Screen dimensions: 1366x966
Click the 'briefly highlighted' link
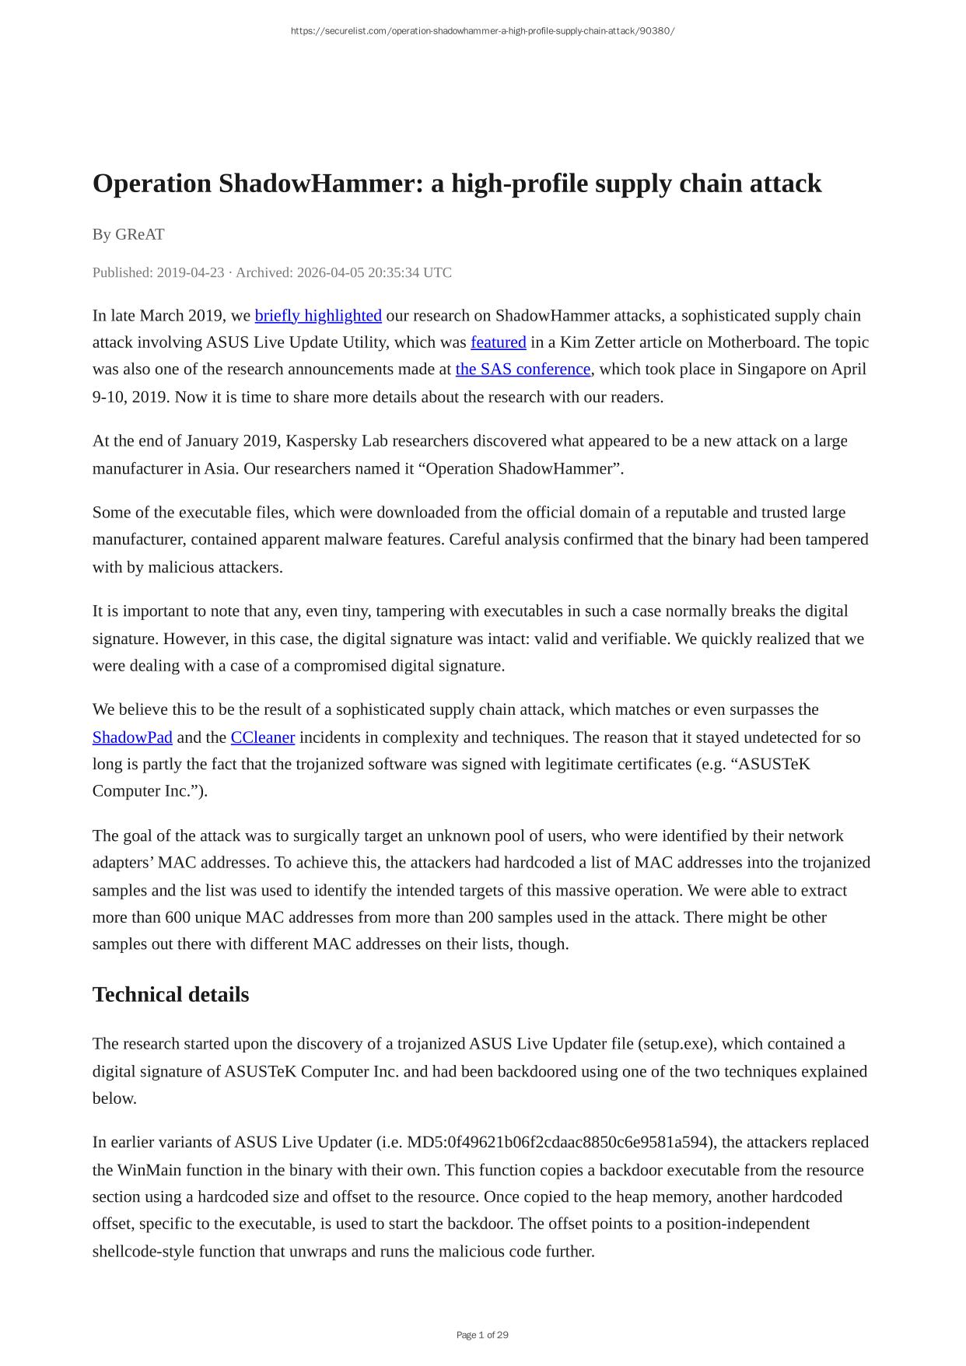318,316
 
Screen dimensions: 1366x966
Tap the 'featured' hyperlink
499,342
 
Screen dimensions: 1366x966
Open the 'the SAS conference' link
523,370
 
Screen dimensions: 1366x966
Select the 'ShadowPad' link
132,737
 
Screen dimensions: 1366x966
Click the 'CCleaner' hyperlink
263,737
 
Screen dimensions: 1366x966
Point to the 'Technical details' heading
170,995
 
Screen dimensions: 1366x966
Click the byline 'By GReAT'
128,234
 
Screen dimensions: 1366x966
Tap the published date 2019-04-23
190,273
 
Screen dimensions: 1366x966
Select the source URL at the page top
482,31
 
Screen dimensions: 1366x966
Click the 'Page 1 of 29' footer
482,1335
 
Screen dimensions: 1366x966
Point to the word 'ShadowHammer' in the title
320,184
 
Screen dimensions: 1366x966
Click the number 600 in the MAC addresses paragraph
178,918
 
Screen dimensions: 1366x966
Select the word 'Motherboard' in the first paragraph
754,342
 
